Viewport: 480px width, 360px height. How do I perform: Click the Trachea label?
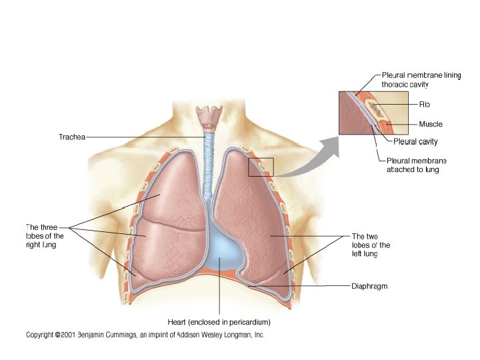point(72,137)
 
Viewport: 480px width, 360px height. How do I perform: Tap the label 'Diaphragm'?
point(369,287)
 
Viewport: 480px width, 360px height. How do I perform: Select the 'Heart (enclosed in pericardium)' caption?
point(219,322)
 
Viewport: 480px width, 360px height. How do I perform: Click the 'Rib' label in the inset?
point(425,104)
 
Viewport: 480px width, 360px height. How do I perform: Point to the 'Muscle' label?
point(431,124)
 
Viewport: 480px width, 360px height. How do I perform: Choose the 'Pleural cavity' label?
point(415,141)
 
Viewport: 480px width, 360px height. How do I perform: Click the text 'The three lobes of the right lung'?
point(45,236)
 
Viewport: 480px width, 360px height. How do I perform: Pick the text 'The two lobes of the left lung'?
point(370,245)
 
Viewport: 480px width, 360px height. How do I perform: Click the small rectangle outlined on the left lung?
point(261,167)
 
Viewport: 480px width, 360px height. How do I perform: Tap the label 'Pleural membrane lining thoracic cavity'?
point(421,80)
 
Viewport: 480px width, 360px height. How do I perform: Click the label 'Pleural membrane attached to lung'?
point(417,165)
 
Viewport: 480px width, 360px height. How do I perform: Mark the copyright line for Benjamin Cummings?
point(145,335)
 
